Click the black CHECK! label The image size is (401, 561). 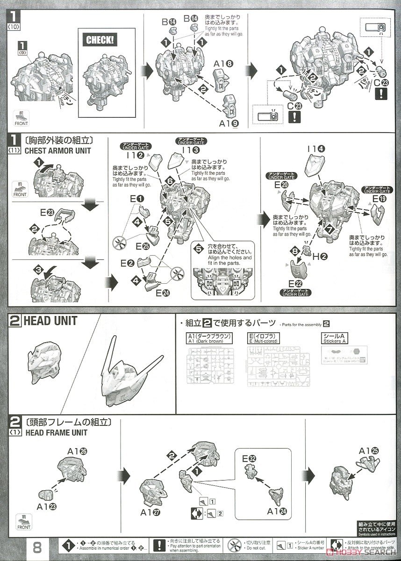100,40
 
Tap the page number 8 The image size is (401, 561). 39,546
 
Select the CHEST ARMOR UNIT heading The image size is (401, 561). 57,151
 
